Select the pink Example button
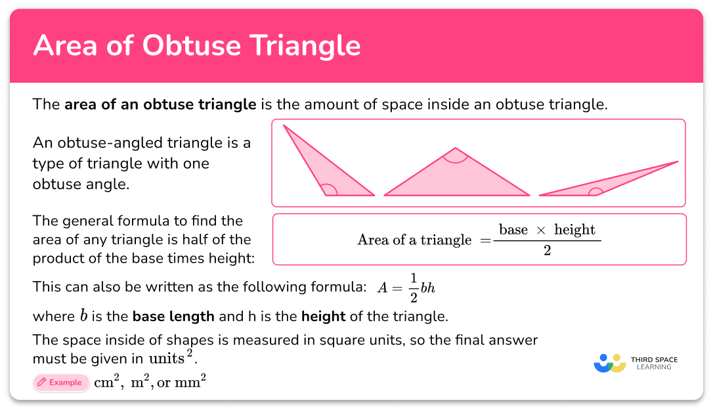(60, 383)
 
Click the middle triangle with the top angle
(456, 177)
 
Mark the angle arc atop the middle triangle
(456, 157)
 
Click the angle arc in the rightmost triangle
(596, 192)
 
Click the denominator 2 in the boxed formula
(547, 250)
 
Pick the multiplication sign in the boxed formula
(541, 230)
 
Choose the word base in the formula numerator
(513, 230)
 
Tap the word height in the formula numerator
(574, 230)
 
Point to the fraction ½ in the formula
(413, 286)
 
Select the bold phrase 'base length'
(173, 316)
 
